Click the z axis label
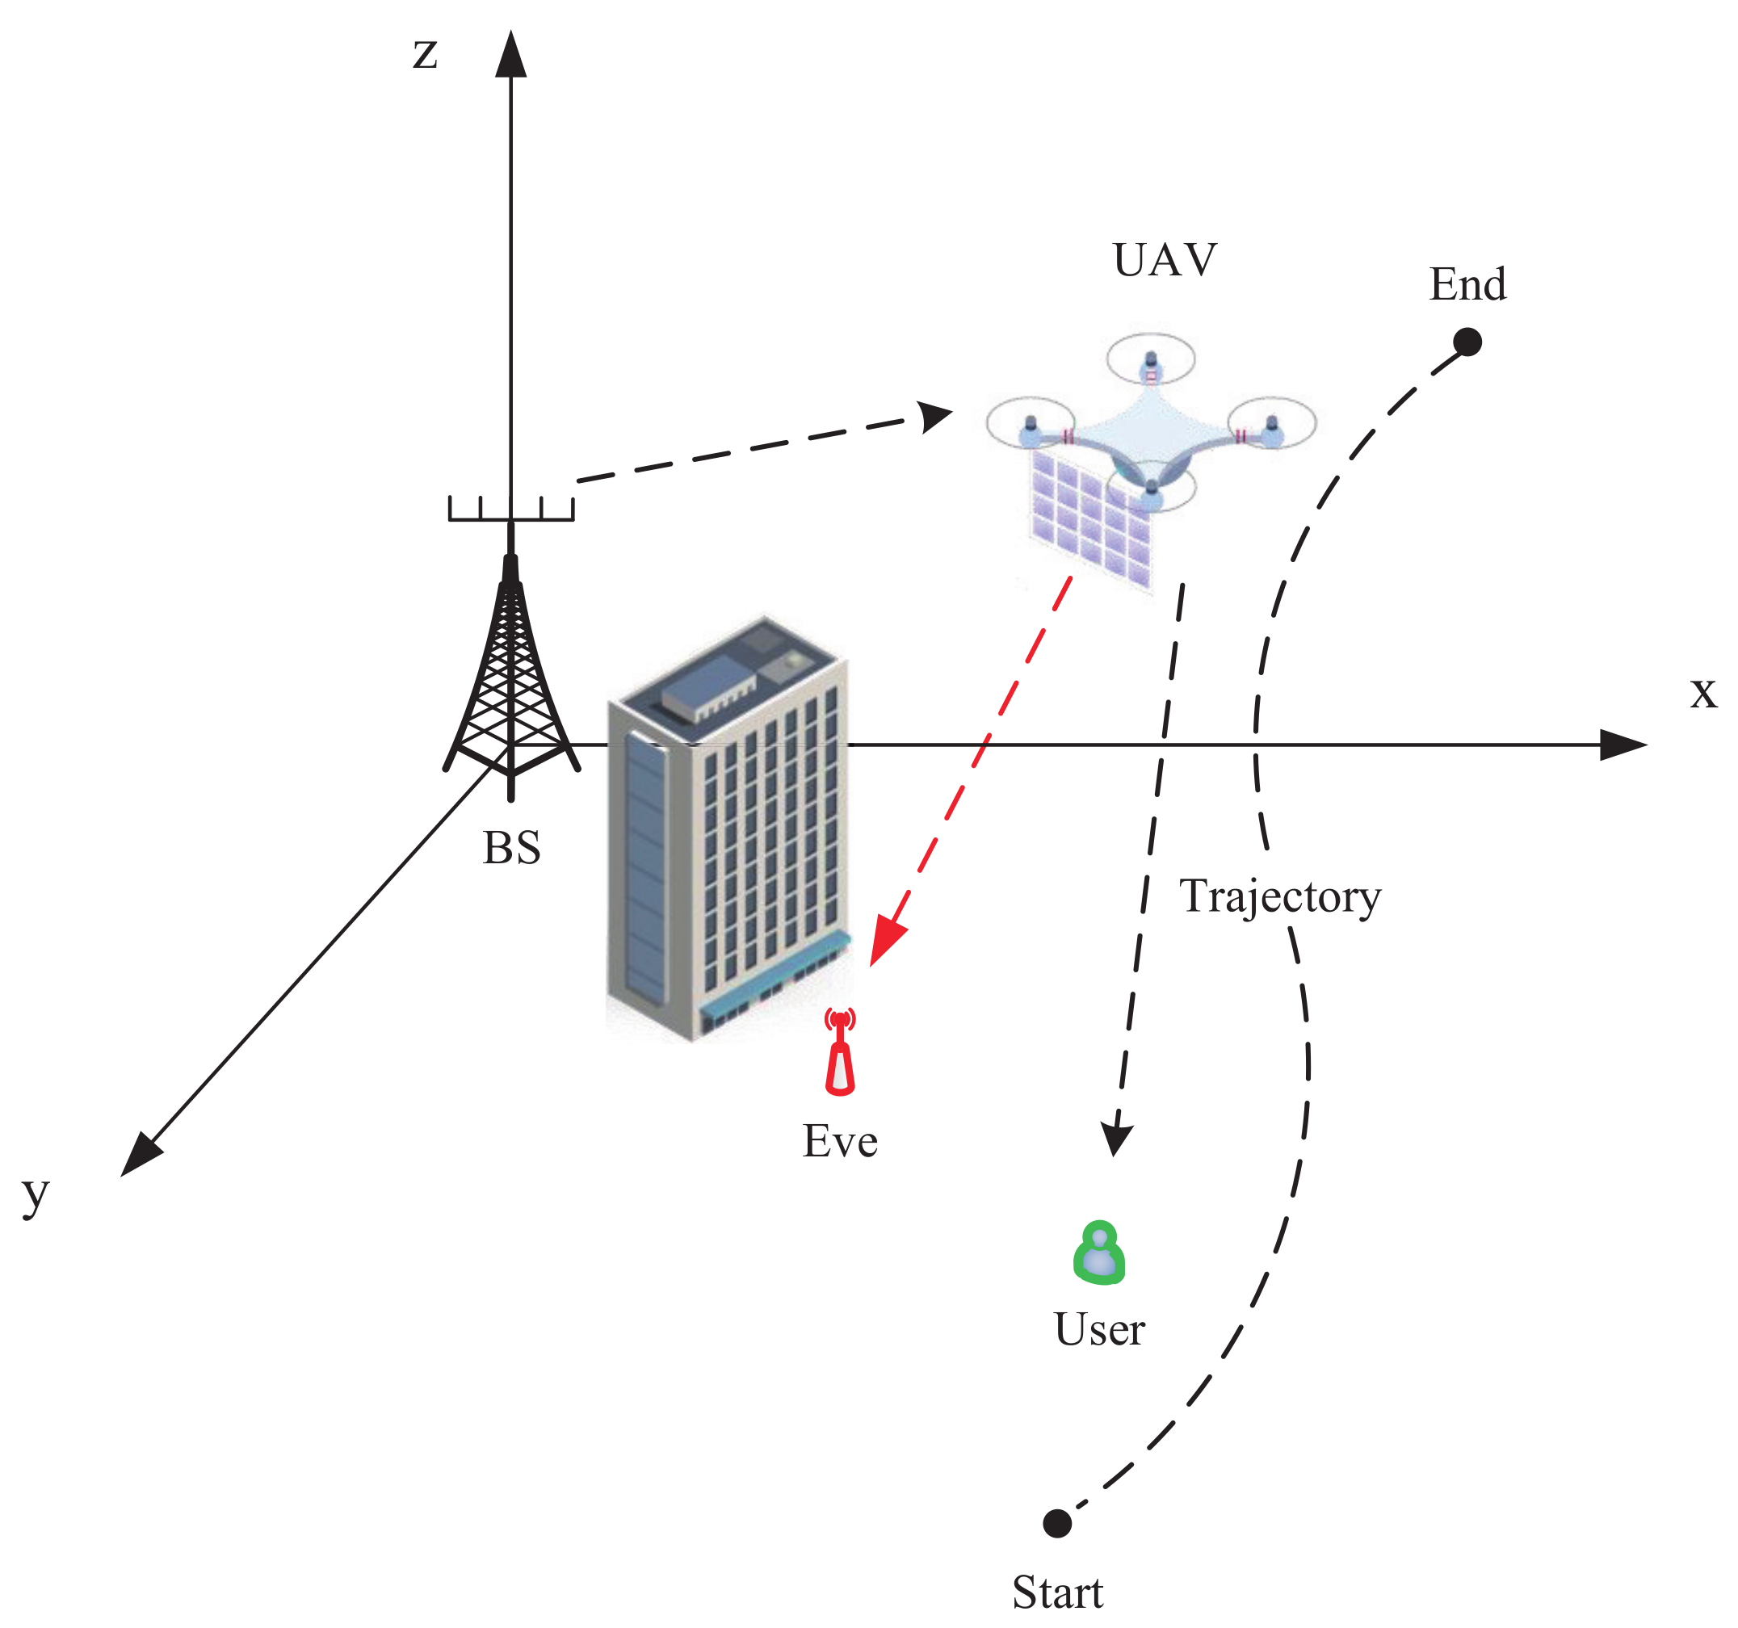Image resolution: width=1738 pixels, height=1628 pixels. (x=425, y=54)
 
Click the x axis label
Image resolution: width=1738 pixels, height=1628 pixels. (x=1703, y=693)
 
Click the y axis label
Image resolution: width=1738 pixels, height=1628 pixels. (x=36, y=1194)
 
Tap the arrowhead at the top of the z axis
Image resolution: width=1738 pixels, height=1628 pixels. (x=510, y=54)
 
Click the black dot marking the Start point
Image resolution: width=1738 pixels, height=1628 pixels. (x=1057, y=1523)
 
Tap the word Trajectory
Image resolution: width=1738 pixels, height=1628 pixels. (x=1280, y=896)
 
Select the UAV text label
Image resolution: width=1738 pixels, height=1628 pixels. (x=1165, y=260)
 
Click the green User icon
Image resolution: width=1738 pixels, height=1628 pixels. (x=1099, y=1253)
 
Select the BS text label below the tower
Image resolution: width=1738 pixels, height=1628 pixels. (x=511, y=848)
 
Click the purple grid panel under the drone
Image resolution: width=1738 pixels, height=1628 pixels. (x=1089, y=516)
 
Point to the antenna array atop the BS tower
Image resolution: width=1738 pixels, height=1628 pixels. (x=510, y=509)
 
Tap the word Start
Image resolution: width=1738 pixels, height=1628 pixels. (x=1057, y=1592)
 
